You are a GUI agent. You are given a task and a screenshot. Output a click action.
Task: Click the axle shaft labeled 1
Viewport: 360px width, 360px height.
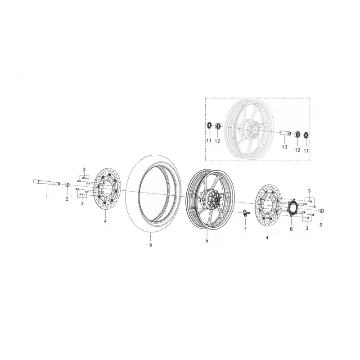[47, 182]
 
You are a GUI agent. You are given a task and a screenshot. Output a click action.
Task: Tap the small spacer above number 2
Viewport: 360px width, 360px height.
[67, 185]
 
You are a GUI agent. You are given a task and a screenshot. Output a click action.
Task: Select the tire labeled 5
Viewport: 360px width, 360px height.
[153, 193]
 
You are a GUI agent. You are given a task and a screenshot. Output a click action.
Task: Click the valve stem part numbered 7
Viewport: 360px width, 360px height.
[246, 213]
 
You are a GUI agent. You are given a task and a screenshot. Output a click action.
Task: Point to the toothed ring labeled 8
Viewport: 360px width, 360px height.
[292, 207]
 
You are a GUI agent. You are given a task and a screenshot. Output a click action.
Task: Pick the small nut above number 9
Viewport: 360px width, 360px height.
[321, 211]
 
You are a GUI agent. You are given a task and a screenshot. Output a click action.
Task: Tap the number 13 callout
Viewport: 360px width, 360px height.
[284, 147]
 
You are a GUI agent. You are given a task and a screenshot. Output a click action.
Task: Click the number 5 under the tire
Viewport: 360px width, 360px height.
[150, 245]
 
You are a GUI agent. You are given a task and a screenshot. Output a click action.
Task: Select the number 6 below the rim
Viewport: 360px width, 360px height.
[207, 241]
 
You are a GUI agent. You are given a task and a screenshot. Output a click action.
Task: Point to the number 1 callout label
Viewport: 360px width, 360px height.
[47, 197]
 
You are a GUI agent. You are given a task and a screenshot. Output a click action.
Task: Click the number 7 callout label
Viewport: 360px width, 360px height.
[245, 229]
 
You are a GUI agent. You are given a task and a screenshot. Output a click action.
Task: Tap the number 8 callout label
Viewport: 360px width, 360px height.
[291, 229]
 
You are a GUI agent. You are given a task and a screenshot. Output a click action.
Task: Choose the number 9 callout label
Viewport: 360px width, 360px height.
[321, 225]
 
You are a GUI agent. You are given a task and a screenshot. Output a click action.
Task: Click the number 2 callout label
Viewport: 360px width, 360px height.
[67, 199]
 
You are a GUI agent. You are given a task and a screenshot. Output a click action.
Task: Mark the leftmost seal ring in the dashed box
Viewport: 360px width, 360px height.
[209, 126]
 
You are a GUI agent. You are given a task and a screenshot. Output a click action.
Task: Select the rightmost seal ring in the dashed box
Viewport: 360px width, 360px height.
[306, 135]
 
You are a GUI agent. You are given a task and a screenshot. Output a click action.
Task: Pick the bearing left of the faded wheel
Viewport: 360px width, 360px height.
[218, 126]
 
